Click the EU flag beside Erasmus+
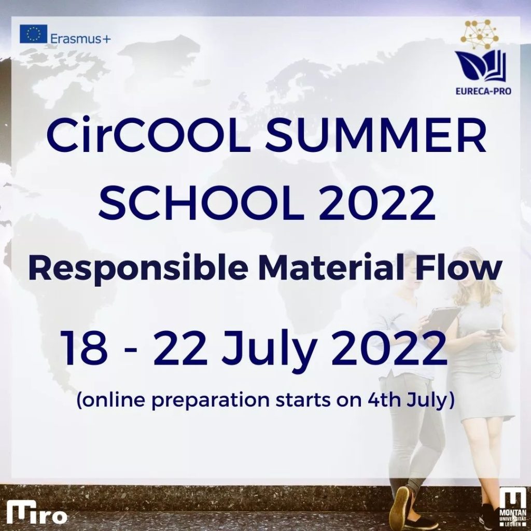pyautogui.click(x=33, y=34)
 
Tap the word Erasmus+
pyautogui.click(x=80, y=39)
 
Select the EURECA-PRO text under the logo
pyautogui.click(x=483, y=91)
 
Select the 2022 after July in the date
pyautogui.click(x=388, y=349)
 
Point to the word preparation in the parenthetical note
pyautogui.click(x=209, y=401)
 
